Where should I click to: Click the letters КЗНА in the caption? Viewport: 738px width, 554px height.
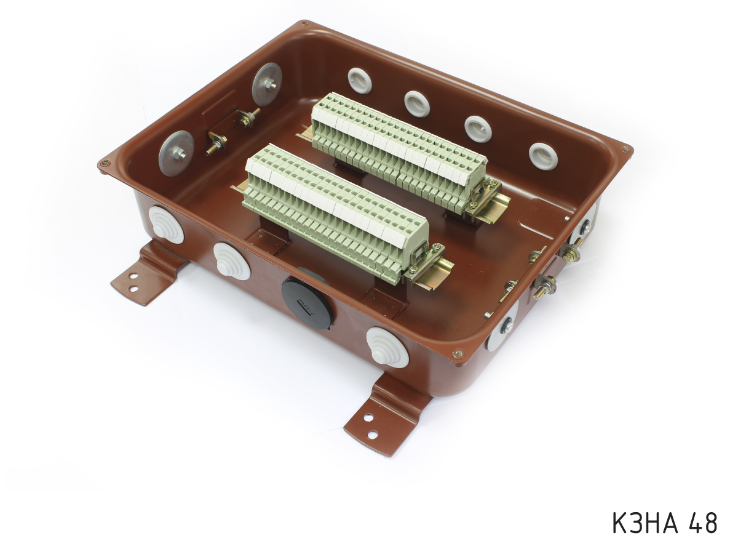pos(645,523)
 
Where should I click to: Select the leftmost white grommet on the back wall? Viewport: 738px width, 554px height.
pos(360,80)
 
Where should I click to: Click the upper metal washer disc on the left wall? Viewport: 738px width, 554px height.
pos(268,84)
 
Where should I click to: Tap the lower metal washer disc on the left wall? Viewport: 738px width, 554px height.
pos(177,153)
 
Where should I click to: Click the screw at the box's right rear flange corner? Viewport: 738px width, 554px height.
pos(625,149)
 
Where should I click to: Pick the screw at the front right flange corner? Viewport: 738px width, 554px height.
pos(457,354)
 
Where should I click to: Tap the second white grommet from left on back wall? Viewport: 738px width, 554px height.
pos(417,103)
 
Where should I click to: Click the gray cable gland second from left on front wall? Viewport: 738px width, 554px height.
pos(232,261)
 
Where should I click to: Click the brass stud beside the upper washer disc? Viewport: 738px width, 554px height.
pos(248,118)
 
